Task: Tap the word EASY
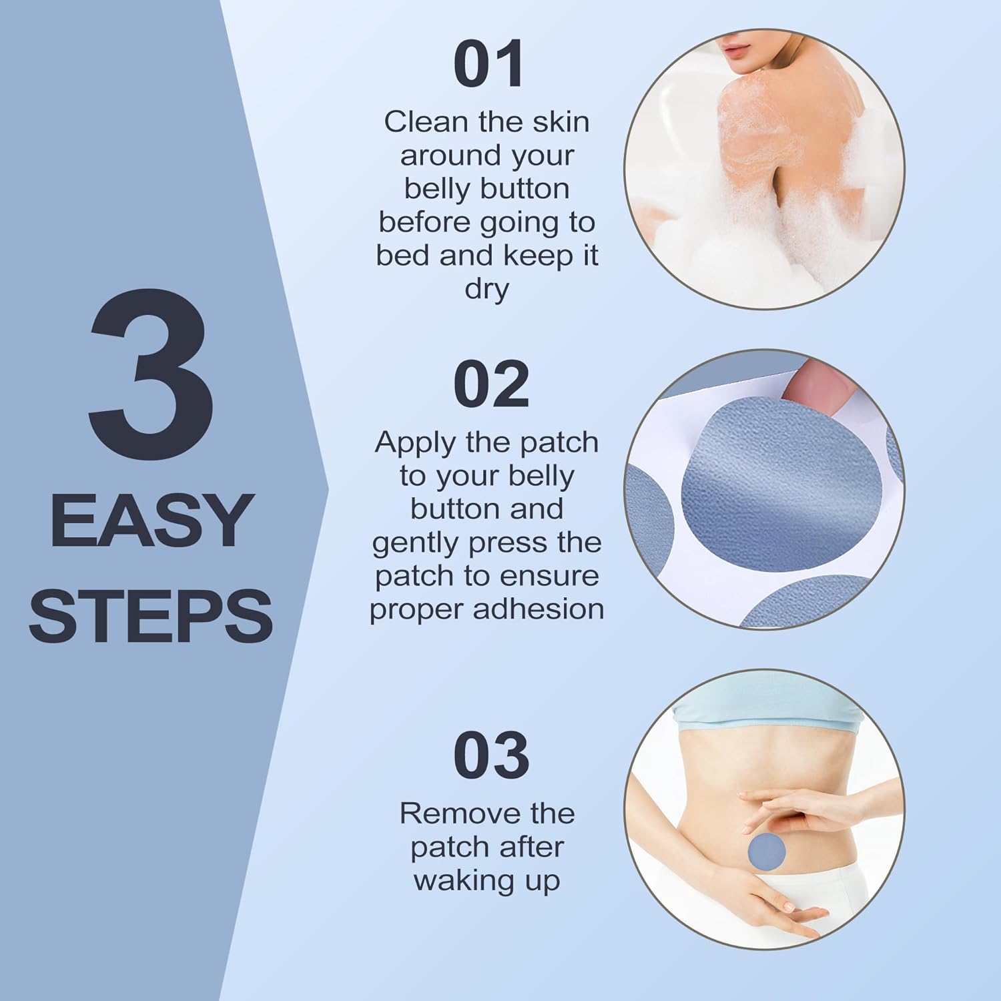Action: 152,521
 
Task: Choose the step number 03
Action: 491,755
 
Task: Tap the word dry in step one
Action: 486,290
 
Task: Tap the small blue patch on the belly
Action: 767,851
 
